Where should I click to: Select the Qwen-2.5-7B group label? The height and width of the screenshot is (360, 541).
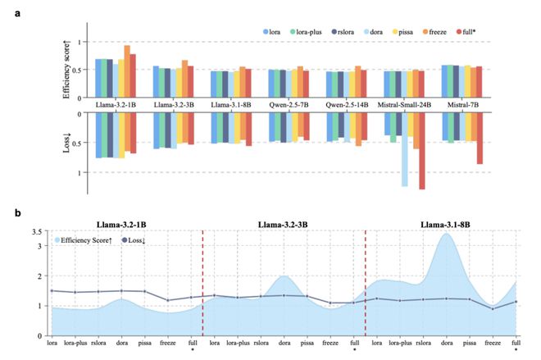tap(291, 105)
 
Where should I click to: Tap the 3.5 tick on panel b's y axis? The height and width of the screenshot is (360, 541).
tap(35, 234)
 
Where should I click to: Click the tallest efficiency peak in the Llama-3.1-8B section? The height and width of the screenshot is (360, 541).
tap(446, 236)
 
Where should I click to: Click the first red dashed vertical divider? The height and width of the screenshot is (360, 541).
tap(202, 279)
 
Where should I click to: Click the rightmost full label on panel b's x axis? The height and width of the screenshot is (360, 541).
tap(516, 342)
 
